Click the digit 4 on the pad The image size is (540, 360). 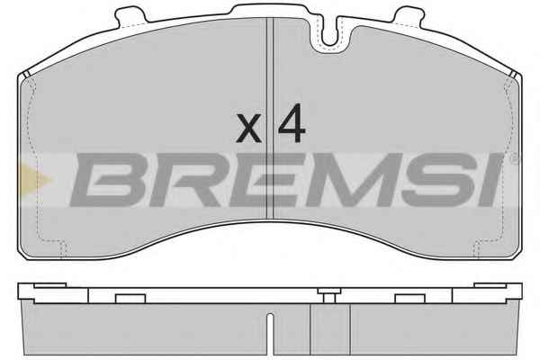(x=292, y=123)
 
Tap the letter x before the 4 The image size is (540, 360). (x=248, y=129)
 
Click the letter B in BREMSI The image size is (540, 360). (x=108, y=179)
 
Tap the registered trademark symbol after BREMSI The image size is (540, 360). (x=514, y=159)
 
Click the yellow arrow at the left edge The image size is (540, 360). (x=34, y=179)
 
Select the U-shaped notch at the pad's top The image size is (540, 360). (x=330, y=34)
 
